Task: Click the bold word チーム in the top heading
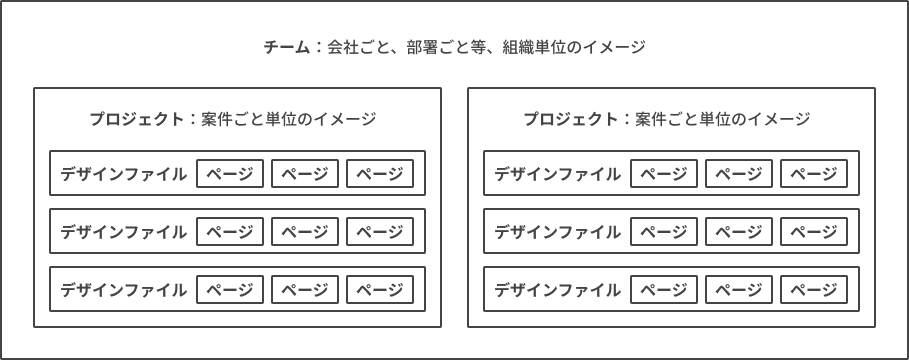coord(287,47)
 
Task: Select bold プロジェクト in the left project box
coord(137,119)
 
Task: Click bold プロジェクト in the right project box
coord(571,119)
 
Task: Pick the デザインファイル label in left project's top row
coord(123,174)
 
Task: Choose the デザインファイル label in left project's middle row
coord(123,232)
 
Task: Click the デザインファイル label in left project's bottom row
coord(123,289)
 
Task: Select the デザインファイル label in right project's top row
coord(558,174)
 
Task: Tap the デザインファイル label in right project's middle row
coord(558,232)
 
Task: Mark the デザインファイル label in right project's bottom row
coord(558,289)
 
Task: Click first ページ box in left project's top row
coord(230,173)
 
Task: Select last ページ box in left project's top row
coord(380,173)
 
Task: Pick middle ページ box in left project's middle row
coord(305,231)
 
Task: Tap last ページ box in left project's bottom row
coord(380,289)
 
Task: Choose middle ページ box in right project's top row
coord(739,173)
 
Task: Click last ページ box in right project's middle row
coord(814,231)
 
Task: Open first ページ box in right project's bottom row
coord(664,289)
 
